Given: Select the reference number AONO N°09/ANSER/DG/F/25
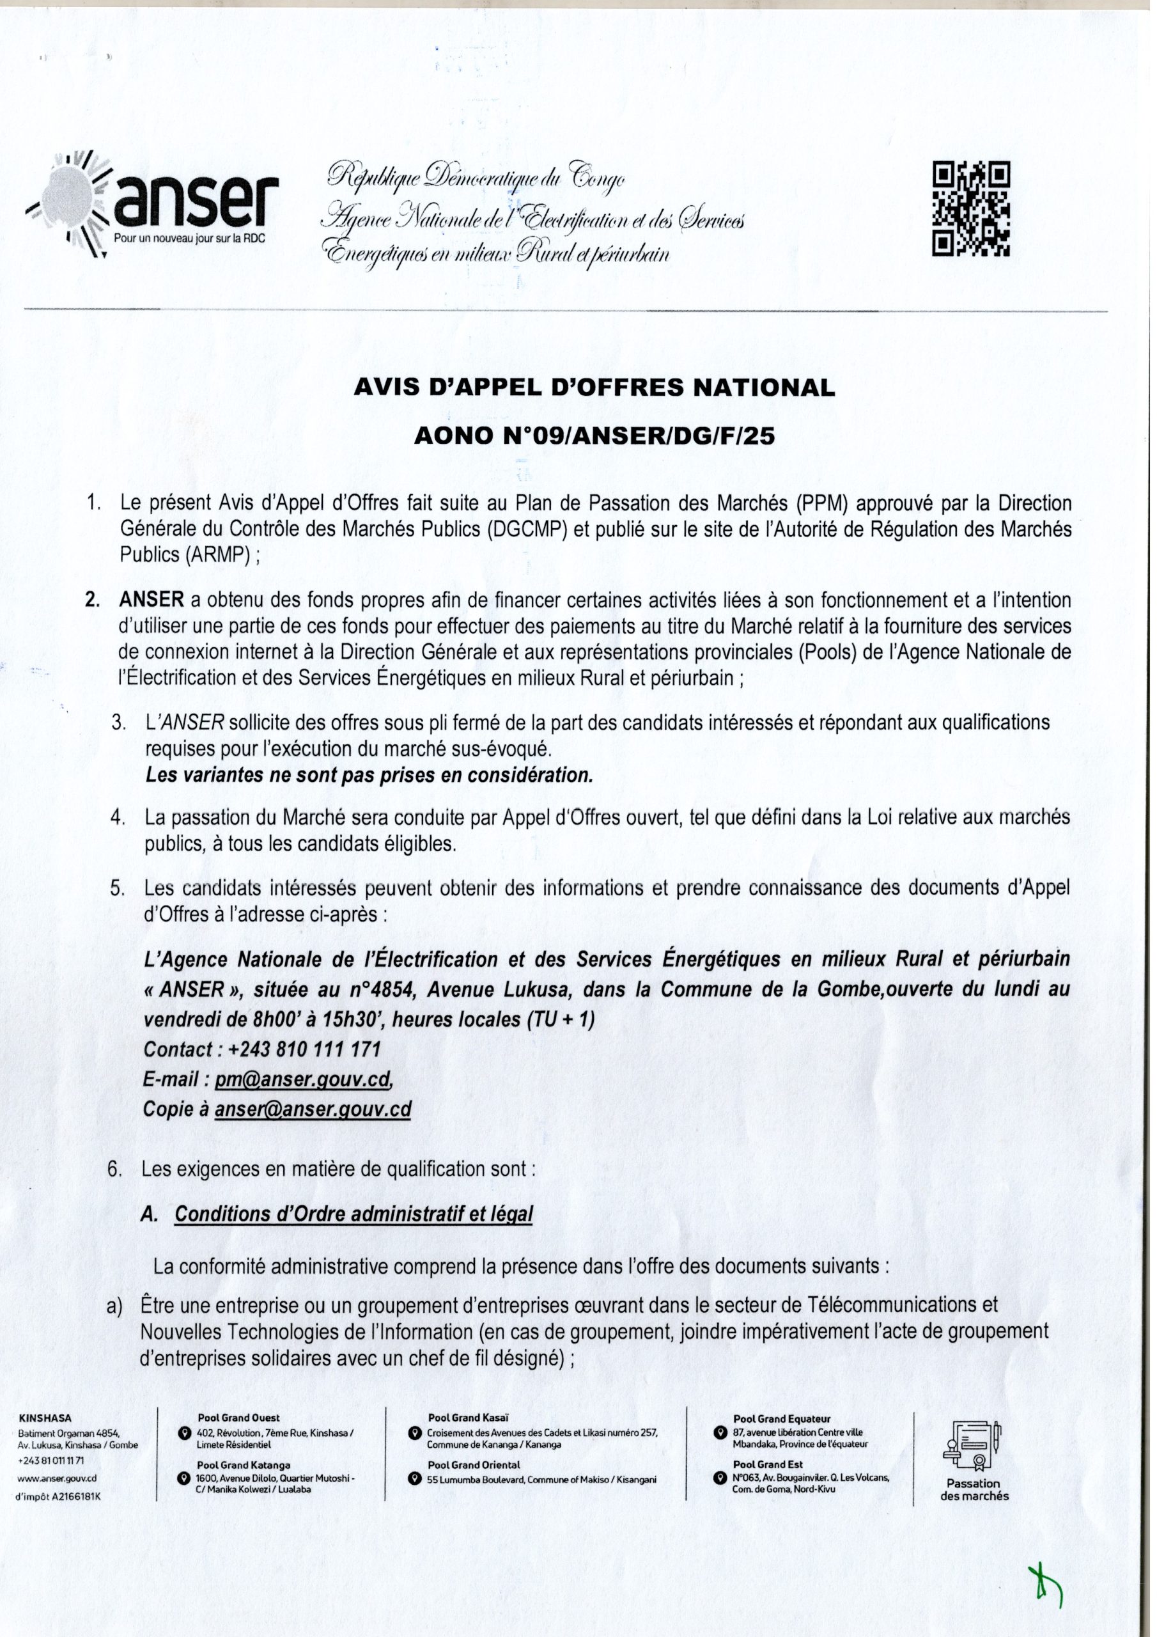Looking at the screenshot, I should pyautogui.click(x=594, y=436).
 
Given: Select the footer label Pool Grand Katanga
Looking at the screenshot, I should pyautogui.click(x=244, y=1445).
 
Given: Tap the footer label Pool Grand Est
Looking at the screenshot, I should pyautogui.click(x=767, y=1445).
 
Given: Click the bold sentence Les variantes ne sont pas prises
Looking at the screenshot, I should pyautogui.click(x=369, y=776).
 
